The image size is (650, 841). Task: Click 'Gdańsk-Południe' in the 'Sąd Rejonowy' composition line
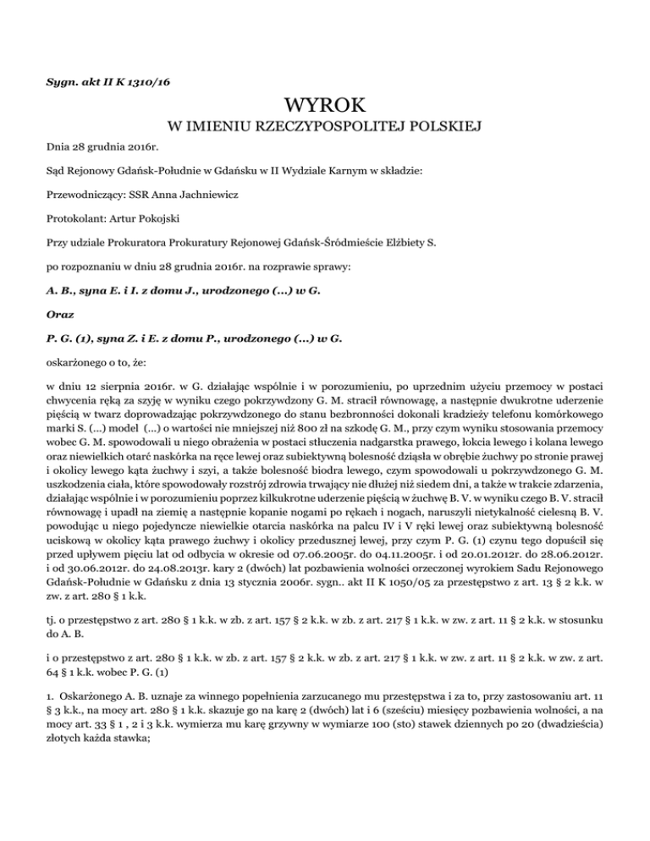[x=145, y=172]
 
